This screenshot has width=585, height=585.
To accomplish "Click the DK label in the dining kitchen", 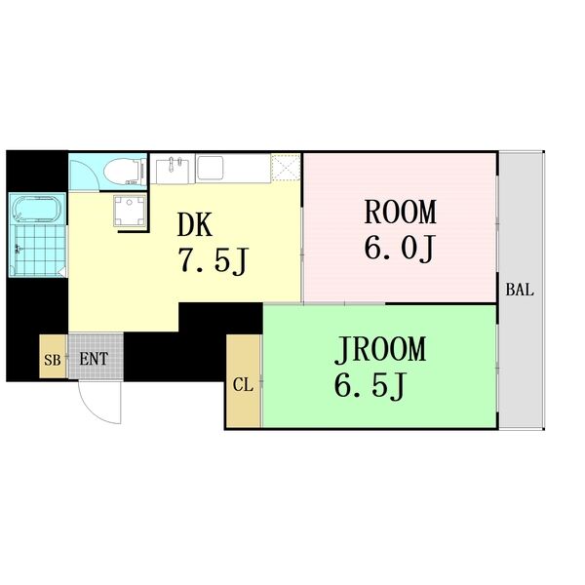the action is pyautogui.click(x=195, y=224).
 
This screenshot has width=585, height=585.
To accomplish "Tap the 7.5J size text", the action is pyautogui.click(x=213, y=260).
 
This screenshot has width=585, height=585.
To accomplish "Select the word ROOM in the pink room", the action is pyautogui.click(x=400, y=212).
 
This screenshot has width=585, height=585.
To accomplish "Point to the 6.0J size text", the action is pyautogui.click(x=399, y=249).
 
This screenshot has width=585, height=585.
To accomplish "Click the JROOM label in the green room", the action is pyautogui.click(x=380, y=349).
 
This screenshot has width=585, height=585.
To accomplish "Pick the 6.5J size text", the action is pyautogui.click(x=369, y=386).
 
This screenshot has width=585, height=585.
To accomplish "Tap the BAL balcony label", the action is pyautogui.click(x=520, y=290).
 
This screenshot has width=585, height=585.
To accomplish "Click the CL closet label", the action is pyautogui.click(x=243, y=385).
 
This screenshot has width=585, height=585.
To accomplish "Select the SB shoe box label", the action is pyautogui.click(x=53, y=360).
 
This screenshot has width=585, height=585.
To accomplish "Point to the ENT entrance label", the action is pyautogui.click(x=94, y=359).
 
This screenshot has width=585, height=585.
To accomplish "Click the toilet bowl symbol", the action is pyautogui.click(x=125, y=172).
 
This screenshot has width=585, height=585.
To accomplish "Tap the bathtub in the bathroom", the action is pyautogui.click(x=37, y=210).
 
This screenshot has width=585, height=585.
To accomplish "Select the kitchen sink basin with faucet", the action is pyautogui.click(x=172, y=171).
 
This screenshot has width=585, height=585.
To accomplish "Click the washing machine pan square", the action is pyautogui.click(x=131, y=211).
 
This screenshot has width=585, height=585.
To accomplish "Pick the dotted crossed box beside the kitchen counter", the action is pyautogui.click(x=286, y=167).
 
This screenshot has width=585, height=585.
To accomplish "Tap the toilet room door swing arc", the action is pyautogui.click(x=90, y=169).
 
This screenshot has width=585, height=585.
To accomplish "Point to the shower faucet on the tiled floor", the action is pyautogui.click(x=18, y=248).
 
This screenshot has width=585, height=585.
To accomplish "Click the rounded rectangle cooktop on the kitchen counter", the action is pyautogui.click(x=211, y=168).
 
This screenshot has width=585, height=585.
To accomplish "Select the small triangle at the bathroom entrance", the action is pyautogui.click(x=63, y=272).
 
